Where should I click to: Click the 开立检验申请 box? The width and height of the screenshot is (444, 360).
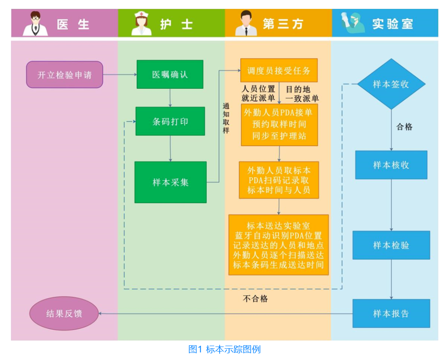pos(64,75)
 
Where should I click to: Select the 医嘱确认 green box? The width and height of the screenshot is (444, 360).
pos(170,75)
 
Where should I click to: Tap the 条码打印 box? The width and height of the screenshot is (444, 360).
pos(170,121)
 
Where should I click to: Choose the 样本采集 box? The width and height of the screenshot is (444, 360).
pos(170,182)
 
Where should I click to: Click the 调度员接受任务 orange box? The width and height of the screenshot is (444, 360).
pos(279,70)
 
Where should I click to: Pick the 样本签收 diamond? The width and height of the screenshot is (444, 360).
pos(391,84)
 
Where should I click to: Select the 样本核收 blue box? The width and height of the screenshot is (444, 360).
pos(391,165)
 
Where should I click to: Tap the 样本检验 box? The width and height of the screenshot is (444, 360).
pos(391,245)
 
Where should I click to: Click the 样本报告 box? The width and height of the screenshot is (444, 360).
pos(391,314)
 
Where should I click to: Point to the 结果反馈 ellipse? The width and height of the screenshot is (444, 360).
pos(64,314)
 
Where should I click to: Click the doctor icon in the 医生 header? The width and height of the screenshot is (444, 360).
pos(35,24)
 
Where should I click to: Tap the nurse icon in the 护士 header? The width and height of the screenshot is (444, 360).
pos(141,24)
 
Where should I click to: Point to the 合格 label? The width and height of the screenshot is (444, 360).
pos(404,127)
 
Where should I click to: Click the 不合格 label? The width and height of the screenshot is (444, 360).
pos(255,299)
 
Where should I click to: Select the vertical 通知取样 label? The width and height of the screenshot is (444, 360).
pos(226,118)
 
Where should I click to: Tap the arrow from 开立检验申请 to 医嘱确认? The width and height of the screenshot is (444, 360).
pos(120,75)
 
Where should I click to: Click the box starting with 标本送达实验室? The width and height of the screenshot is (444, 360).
pos(279,245)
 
